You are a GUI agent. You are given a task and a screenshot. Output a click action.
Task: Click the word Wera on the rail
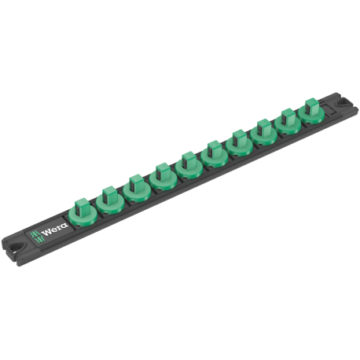(55, 230)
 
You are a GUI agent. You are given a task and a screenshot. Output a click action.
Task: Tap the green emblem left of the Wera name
(36, 237)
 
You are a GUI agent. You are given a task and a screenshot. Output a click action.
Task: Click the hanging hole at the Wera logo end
(17, 247)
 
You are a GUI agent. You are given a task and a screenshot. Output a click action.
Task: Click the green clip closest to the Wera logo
(83, 212)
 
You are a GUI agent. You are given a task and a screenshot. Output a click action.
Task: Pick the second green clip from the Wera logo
(109, 200)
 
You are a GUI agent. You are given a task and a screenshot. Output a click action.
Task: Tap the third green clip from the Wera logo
(137, 189)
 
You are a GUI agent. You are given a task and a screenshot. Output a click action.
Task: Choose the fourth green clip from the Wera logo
(163, 177)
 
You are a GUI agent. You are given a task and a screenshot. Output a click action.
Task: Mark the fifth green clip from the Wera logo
(189, 165)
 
